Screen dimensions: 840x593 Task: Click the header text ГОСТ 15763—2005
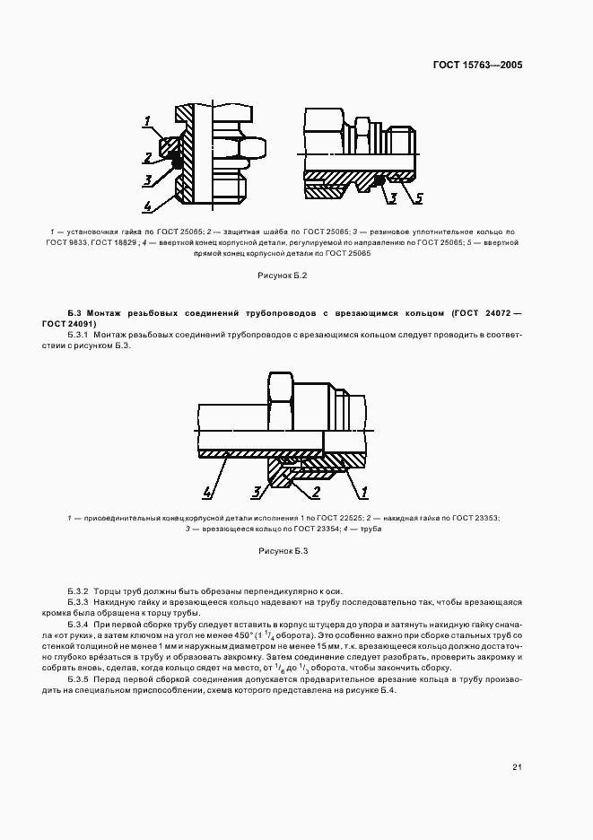(479, 66)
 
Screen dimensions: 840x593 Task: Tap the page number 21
(517, 766)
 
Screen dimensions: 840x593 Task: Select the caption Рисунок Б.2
(283, 276)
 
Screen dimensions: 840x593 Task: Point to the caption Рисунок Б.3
(283, 550)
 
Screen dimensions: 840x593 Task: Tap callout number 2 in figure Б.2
(148, 158)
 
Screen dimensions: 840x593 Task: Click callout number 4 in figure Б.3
(207, 492)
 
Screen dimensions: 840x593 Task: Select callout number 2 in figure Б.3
(316, 492)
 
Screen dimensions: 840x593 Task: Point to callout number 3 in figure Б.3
(257, 492)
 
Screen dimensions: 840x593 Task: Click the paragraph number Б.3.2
(79, 591)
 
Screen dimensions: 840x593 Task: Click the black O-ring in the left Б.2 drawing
(177, 162)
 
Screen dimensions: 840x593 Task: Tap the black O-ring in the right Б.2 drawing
(380, 180)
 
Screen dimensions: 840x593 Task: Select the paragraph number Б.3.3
(79, 601)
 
